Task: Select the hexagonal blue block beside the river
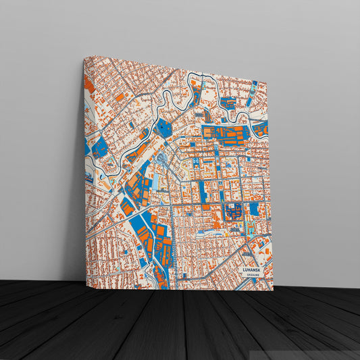[x=163, y=127]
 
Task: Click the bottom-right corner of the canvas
[x=273, y=290]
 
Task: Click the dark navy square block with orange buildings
[x=233, y=211]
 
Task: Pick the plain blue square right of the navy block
[x=254, y=209]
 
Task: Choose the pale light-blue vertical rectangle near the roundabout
[x=155, y=180]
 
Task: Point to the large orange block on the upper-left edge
[x=88, y=86]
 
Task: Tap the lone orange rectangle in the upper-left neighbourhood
[x=119, y=97]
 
